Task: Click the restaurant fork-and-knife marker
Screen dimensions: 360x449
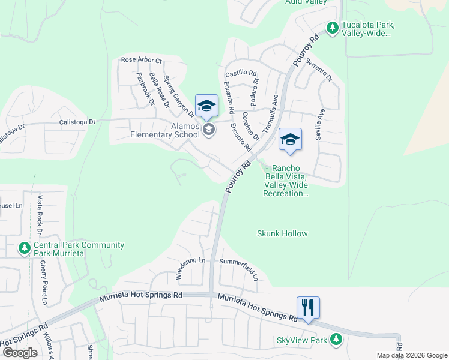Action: click(308, 308)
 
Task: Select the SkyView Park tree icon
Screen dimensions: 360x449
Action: click(336, 340)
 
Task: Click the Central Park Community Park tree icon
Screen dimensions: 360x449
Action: click(24, 248)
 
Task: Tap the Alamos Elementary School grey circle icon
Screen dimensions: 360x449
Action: click(209, 130)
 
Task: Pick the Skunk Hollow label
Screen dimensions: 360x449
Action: click(282, 233)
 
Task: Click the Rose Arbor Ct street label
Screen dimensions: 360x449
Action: click(142, 60)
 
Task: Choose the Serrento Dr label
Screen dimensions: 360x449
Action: click(319, 69)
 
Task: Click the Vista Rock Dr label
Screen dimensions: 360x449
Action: click(40, 214)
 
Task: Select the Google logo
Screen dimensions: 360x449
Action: click(20, 353)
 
